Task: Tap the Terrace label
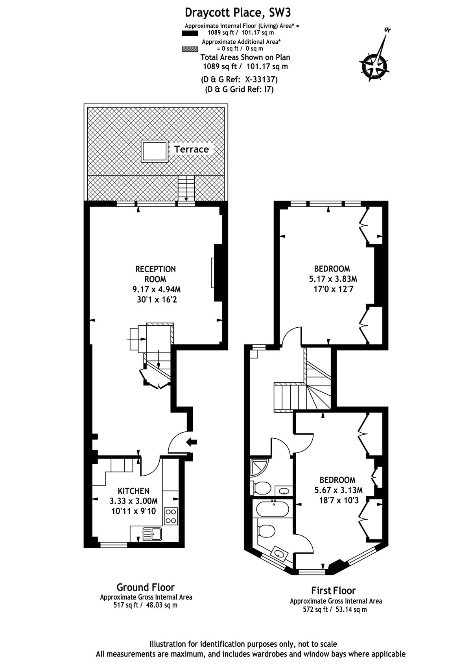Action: click(192, 149)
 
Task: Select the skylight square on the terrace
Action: click(155, 151)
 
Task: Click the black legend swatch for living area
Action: click(190, 33)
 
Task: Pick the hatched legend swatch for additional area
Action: click(190, 49)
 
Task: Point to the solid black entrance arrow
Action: click(191, 442)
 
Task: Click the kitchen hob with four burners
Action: click(171, 516)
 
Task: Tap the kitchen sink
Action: click(152, 534)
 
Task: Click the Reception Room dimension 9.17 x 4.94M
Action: click(157, 289)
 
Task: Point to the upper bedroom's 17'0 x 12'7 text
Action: click(334, 289)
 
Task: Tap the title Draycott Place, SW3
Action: click(238, 13)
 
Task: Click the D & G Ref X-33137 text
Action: click(239, 79)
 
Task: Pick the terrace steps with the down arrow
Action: click(186, 188)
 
